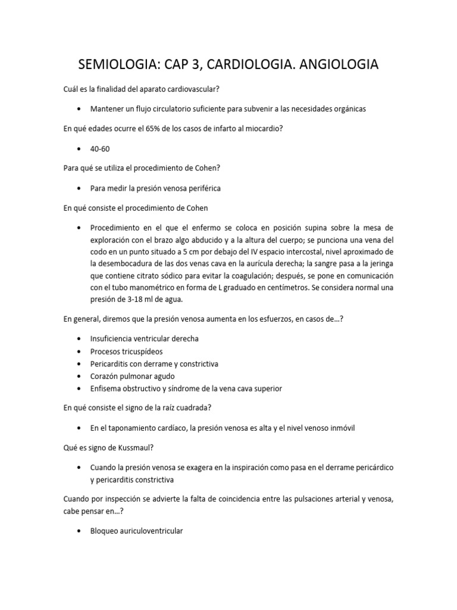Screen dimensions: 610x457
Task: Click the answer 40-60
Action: [x=99, y=148]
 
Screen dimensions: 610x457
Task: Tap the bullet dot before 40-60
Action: [x=79, y=148]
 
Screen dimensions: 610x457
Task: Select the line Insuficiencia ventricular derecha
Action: [x=144, y=338]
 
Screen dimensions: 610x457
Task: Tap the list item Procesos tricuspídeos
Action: [x=126, y=351]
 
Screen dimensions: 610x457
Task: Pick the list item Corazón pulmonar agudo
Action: [x=132, y=376]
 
